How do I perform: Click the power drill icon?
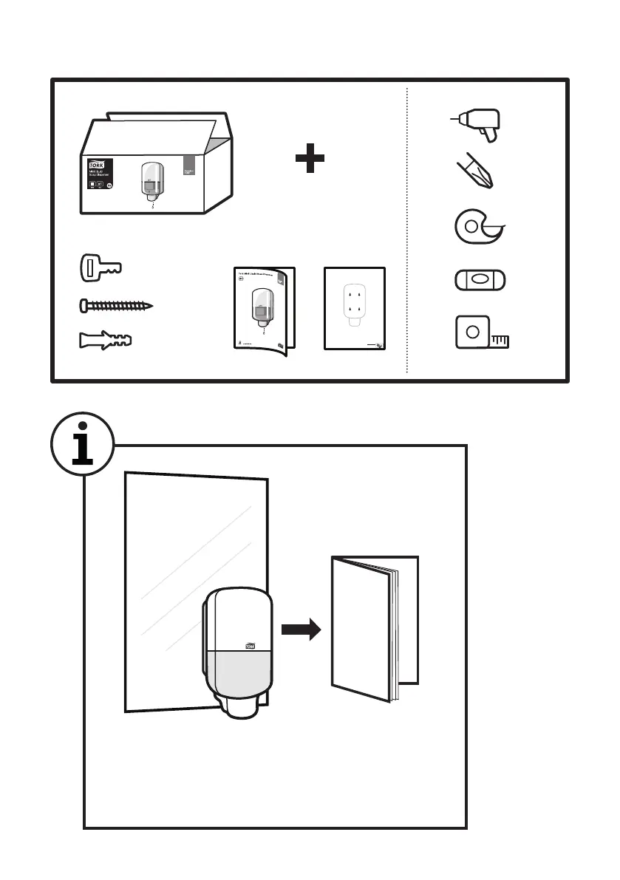click(479, 123)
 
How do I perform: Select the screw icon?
click(116, 304)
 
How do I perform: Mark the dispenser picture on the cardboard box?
click(151, 181)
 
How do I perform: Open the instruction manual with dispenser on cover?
click(263, 309)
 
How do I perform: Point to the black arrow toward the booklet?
click(301, 630)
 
